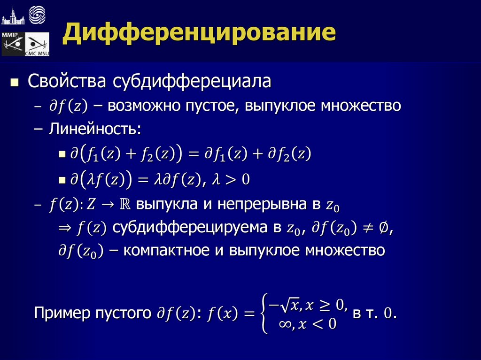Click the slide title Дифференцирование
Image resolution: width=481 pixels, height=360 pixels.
click(x=200, y=34)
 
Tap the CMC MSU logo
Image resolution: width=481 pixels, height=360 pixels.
click(x=37, y=45)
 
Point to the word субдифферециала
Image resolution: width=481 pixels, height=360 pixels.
click(x=192, y=81)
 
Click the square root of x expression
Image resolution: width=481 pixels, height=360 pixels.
click(x=290, y=306)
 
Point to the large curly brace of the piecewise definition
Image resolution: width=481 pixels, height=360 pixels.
click(x=265, y=314)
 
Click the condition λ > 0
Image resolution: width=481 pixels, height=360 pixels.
click(x=232, y=179)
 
